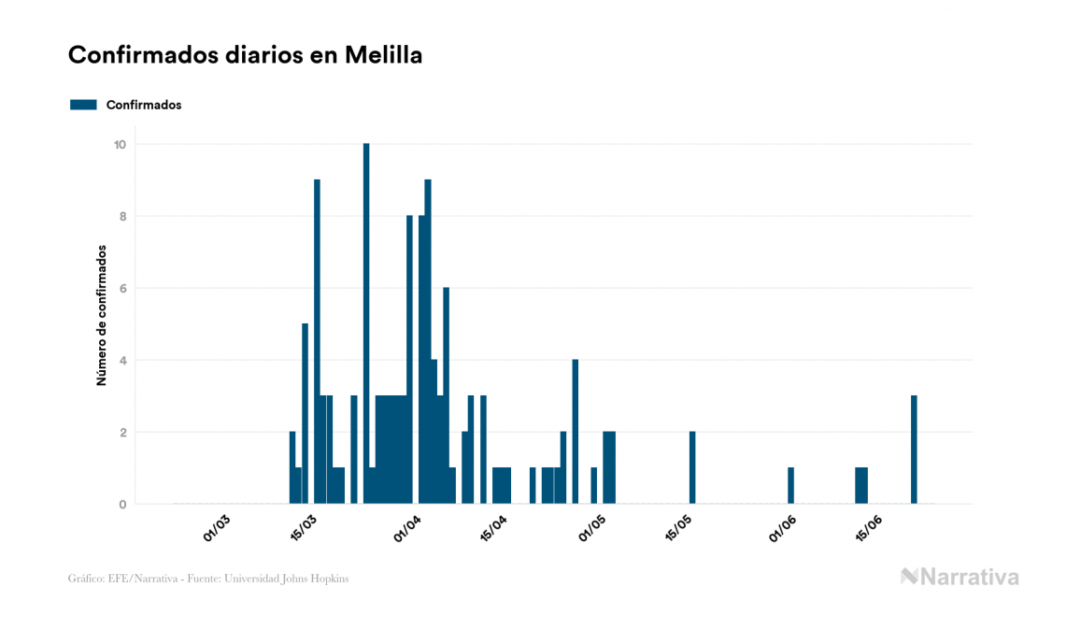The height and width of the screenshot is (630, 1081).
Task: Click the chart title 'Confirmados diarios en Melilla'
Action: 245,55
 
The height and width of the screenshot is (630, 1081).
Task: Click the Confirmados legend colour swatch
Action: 83,105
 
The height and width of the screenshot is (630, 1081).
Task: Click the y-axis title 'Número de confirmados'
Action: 101,316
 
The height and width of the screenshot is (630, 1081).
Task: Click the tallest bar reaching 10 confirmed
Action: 366,323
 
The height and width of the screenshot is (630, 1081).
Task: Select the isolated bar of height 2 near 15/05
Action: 692,468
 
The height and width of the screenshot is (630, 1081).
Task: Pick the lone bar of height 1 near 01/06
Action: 790,486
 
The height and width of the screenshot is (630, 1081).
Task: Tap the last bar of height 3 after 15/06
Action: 914,450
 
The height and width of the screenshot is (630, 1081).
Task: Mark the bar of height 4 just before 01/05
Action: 576,432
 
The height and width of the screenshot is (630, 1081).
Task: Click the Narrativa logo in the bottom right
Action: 960,577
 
